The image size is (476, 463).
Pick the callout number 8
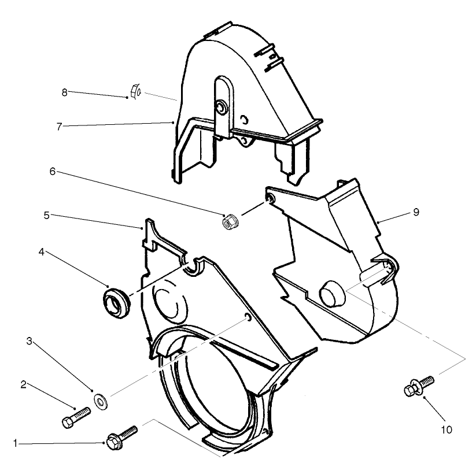tap(65, 91)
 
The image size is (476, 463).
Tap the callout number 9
tap(415, 212)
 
